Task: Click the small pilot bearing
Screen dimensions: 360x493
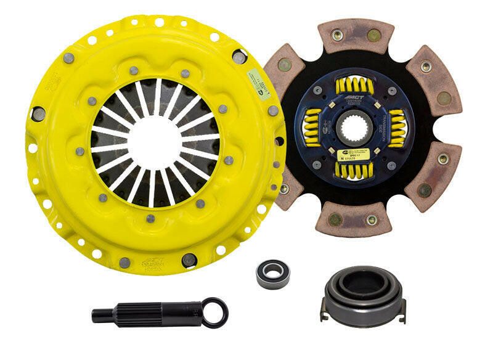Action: [x=272, y=272]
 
